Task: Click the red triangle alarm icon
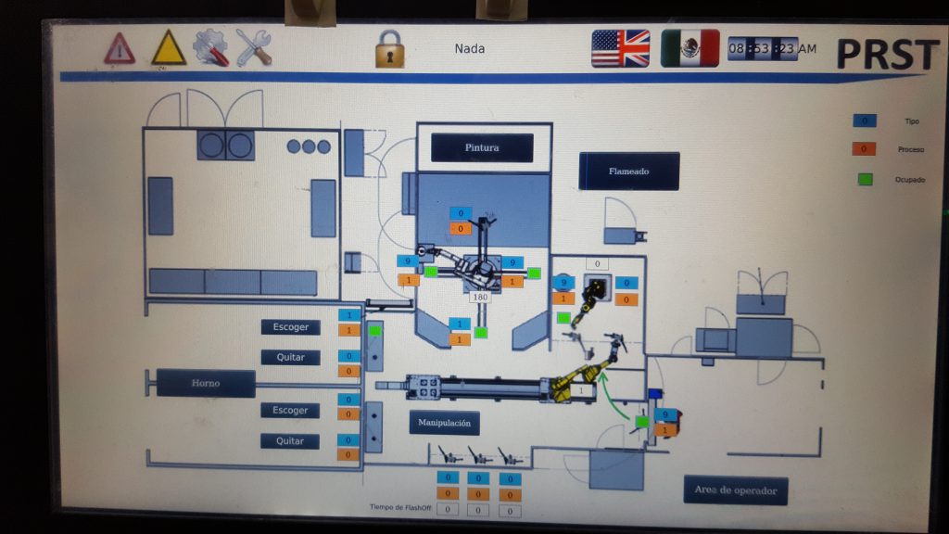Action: pos(120,48)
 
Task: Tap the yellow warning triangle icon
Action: pos(169,48)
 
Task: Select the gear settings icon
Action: pos(210,47)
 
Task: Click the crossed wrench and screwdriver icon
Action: pos(253,47)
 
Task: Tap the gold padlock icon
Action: pos(390,48)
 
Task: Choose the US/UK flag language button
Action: pos(621,48)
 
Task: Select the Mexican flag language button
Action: pos(690,48)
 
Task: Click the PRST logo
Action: pos(887,53)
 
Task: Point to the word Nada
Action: pos(469,48)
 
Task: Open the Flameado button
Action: pos(629,172)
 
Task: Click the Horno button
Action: pos(206,383)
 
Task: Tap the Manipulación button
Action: pos(445,423)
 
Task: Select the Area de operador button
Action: pos(736,490)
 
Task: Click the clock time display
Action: pos(772,48)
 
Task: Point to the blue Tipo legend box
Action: pos(864,121)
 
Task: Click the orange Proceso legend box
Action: pos(864,148)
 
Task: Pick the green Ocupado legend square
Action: pos(865,179)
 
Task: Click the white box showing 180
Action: pos(480,298)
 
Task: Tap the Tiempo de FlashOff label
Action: pos(399,508)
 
